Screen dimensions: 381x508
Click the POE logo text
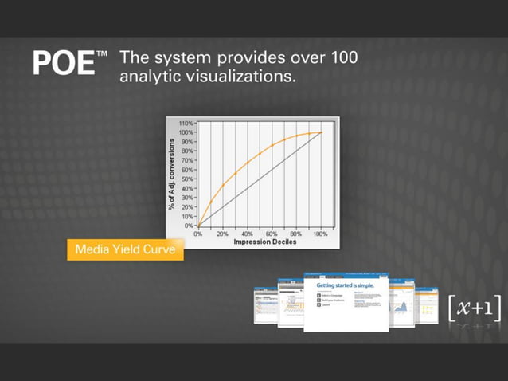pos(64,63)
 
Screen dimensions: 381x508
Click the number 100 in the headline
pos(339,58)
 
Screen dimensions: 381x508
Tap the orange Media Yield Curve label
pos(124,249)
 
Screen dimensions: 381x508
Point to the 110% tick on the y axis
pos(185,124)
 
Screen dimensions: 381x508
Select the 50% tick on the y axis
pos(186,179)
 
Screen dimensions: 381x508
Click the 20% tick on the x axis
pos(222,234)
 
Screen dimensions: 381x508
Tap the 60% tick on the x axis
pos(272,234)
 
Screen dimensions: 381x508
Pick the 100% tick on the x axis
pos(320,234)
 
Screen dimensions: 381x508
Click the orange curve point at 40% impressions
pos(247,164)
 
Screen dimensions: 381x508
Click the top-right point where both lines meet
pos(321,132)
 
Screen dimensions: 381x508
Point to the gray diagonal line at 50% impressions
pos(259,179)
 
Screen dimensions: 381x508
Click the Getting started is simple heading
pos(345,285)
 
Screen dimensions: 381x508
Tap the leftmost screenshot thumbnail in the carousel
pos(265,304)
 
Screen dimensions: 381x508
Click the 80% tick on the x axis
pos(295,234)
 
